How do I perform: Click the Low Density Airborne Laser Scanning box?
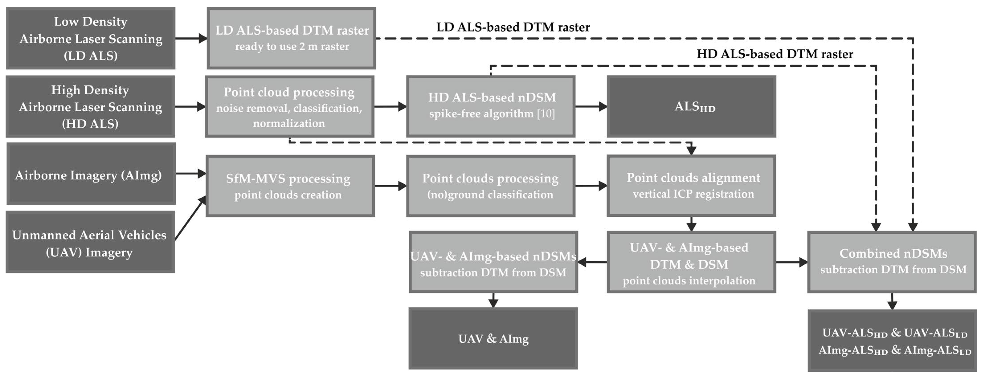pyautogui.click(x=90, y=38)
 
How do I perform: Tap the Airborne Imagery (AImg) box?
pyautogui.click(x=91, y=174)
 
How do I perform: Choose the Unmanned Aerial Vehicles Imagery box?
pyautogui.click(x=90, y=242)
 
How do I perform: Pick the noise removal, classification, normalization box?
pyautogui.click(x=289, y=107)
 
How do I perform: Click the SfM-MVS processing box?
pyautogui.click(x=290, y=186)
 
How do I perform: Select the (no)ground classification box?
pyautogui.click(x=491, y=186)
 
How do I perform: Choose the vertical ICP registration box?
pyautogui.click(x=691, y=186)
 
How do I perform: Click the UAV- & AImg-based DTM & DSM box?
pyautogui.click(x=691, y=262)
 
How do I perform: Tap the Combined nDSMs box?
pyautogui.click(x=892, y=262)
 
